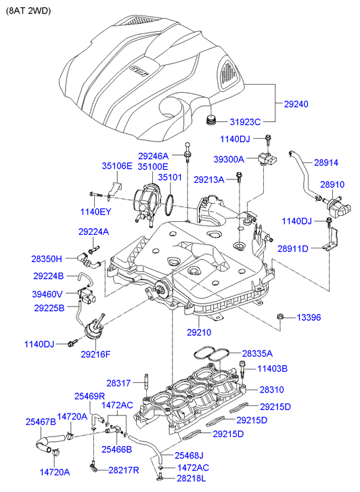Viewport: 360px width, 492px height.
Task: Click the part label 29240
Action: (x=296, y=104)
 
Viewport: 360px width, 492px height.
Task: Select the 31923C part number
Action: (x=245, y=122)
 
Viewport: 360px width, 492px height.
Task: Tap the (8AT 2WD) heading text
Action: (x=28, y=11)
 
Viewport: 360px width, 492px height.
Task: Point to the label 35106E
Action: (x=117, y=166)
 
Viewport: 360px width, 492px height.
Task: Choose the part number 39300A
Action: (x=229, y=160)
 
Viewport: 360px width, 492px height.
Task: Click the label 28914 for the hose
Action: (x=326, y=162)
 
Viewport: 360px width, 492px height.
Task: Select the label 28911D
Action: (x=293, y=249)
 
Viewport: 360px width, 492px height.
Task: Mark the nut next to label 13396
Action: (x=280, y=317)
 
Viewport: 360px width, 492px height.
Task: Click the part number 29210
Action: (x=199, y=332)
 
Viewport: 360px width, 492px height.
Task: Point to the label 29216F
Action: (x=95, y=354)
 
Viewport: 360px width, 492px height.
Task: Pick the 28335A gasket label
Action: (x=257, y=354)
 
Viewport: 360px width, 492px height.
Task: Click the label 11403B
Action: (x=273, y=369)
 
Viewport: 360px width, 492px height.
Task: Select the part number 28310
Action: (x=272, y=390)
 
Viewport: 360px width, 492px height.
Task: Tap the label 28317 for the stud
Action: (x=118, y=383)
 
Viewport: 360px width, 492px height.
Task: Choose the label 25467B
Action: (x=41, y=422)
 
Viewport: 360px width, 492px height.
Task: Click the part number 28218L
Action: (x=191, y=478)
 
